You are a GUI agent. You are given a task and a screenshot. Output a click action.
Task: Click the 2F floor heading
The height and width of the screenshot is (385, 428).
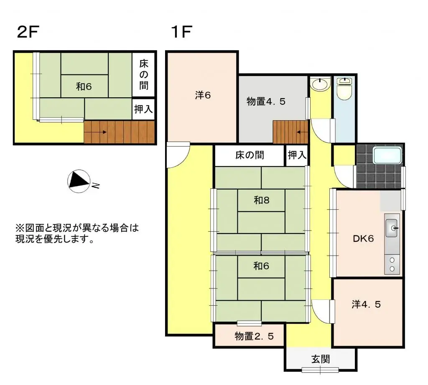(28, 32)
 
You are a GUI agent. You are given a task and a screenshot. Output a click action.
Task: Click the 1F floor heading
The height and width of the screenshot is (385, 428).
(181, 32)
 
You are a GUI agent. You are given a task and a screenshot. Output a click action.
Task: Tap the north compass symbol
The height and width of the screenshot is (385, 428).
(79, 181)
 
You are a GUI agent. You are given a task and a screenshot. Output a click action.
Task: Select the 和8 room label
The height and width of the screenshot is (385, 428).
(262, 200)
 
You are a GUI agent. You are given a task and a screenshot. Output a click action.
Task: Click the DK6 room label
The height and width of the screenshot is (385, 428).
(363, 239)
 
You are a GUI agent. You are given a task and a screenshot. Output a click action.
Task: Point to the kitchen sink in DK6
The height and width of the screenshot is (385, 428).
(392, 228)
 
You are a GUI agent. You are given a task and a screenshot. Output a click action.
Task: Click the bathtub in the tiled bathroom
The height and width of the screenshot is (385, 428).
(387, 156)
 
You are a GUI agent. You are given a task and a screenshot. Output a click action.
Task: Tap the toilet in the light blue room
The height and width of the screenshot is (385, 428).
(344, 89)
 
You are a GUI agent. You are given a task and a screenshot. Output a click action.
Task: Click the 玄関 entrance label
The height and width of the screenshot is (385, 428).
(321, 359)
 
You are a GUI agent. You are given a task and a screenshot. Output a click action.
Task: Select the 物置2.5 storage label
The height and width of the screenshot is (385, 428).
(254, 336)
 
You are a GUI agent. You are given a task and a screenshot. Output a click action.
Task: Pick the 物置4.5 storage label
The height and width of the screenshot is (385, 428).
(266, 101)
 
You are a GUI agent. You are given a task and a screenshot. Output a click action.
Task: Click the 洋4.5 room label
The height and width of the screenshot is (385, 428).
(366, 304)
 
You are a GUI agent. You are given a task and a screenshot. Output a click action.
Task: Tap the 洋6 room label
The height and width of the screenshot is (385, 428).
(203, 95)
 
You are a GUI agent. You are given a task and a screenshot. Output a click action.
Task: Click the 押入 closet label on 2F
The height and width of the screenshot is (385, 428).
(144, 109)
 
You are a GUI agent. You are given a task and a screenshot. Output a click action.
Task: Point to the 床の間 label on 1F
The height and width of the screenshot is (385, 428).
(250, 155)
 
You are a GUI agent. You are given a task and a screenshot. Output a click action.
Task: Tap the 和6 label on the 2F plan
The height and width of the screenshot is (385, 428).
(84, 86)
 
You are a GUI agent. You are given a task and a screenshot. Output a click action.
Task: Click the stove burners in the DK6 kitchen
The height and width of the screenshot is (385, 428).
(392, 264)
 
